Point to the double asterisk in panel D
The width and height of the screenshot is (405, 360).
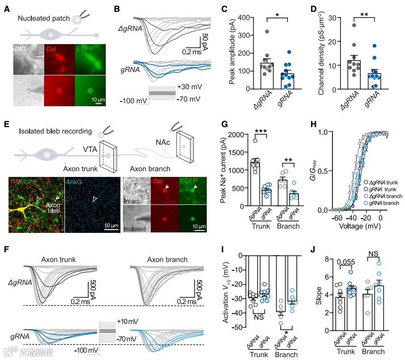point(364,14)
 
